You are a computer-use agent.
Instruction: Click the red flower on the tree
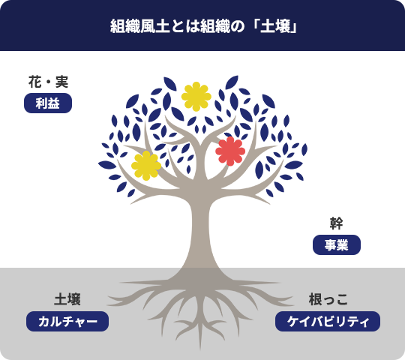point(230,151)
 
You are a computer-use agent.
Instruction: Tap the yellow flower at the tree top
point(196,97)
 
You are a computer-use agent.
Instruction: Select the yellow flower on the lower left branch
point(146,166)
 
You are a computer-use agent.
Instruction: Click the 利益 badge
point(48,103)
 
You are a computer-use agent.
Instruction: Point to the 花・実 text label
point(48,82)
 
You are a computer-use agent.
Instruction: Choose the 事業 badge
point(337,244)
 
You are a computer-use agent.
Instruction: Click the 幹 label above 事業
point(336,223)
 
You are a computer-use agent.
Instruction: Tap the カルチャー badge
point(67,322)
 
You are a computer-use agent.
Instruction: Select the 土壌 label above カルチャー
point(67,299)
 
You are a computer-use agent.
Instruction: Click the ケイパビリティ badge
point(328,322)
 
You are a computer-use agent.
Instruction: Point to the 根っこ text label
point(328,299)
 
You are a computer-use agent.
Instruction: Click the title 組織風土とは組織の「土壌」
point(203,26)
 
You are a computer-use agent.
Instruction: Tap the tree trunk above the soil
point(201,232)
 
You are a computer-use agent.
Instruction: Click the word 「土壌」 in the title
point(274,26)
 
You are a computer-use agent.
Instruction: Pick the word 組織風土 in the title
point(139,26)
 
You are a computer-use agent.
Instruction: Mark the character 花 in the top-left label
point(34,82)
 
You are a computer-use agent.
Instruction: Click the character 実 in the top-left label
point(62,82)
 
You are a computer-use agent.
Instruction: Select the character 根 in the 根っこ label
point(315,299)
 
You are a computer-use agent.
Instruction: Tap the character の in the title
point(237,26)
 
